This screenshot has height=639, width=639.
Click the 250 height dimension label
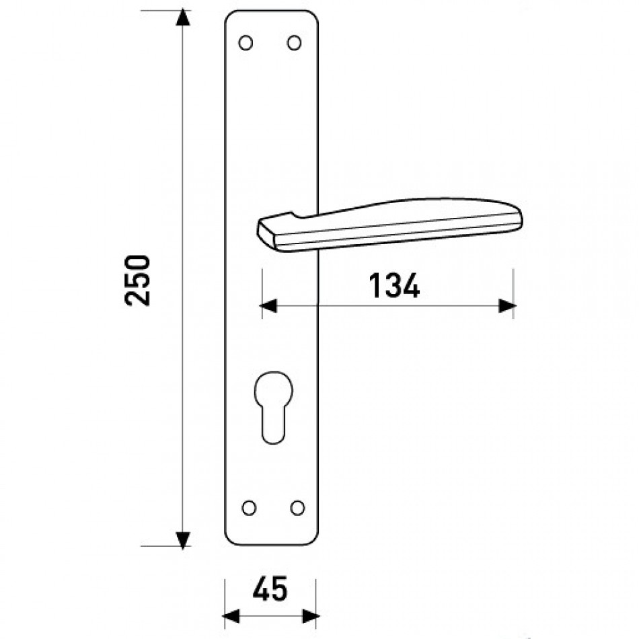click(137, 280)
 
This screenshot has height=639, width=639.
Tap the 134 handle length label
click(394, 286)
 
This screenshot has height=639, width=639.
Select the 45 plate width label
click(270, 589)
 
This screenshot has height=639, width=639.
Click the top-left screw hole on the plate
click(246, 43)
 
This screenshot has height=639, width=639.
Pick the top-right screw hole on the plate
click(294, 43)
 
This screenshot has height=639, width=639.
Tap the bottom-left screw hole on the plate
click(249, 508)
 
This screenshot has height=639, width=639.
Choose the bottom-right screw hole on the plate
click(297, 508)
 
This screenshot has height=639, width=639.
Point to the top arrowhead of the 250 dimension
click(182, 17)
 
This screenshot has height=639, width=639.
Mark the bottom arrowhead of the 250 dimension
click(182, 539)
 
